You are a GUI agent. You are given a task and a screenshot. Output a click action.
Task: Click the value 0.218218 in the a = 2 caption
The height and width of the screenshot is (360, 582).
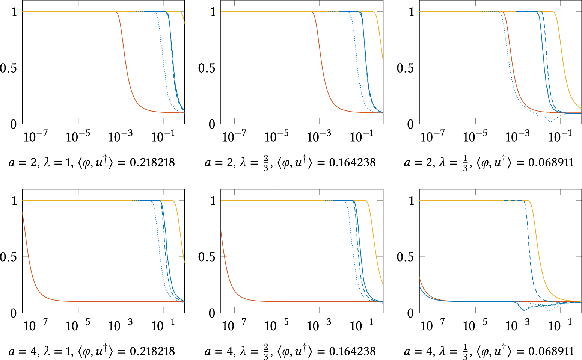point(152,163)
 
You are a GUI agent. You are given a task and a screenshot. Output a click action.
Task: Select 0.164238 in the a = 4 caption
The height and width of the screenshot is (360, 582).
point(352,351)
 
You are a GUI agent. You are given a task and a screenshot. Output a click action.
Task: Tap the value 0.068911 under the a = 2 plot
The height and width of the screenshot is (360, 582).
point(551,163)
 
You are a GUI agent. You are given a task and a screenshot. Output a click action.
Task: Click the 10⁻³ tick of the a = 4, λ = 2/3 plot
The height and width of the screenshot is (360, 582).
point(319,325)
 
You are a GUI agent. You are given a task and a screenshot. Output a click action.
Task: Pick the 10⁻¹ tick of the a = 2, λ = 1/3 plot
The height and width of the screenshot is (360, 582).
point(560,136)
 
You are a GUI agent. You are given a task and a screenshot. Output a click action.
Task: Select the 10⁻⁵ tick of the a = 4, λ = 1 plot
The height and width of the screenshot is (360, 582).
point(78,325)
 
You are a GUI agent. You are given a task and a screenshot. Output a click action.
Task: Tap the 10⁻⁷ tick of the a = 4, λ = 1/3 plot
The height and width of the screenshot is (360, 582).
point(433,325)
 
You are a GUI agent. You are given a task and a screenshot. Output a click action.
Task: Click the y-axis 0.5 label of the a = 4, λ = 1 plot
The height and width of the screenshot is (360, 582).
point(8,257)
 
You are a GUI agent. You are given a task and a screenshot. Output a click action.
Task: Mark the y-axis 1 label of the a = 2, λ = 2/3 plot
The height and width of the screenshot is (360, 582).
point(213,12)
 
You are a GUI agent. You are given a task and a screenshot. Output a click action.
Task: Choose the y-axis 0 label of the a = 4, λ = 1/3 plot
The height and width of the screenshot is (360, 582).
point(410,313)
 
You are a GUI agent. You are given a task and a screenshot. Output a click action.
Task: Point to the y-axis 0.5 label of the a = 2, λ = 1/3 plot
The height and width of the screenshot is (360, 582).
point(405,68)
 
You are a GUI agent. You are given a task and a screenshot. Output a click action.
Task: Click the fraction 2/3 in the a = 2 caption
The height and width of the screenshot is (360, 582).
point(266,163)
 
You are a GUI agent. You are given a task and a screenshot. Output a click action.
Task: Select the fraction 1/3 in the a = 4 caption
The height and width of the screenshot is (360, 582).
point(465,352)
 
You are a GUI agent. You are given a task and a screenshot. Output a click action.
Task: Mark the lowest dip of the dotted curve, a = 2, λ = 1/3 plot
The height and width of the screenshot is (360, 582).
point(550,121)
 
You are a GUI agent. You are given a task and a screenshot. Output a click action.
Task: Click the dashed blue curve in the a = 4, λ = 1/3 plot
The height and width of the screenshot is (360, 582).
point(529,256)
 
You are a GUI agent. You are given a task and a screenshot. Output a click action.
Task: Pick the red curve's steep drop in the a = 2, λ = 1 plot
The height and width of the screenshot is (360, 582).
point(124,68)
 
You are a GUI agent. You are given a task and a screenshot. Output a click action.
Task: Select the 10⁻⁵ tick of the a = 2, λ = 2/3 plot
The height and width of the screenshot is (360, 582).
point(276,136)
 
